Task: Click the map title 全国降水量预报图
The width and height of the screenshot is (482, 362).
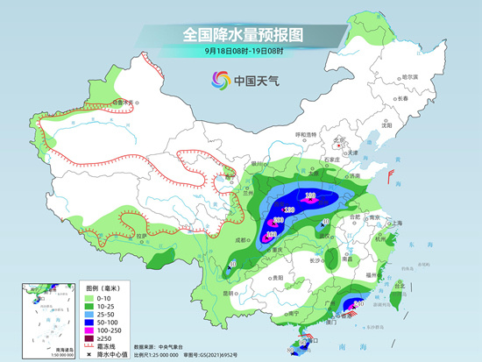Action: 241,35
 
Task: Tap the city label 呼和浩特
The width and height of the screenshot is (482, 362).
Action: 305,134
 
